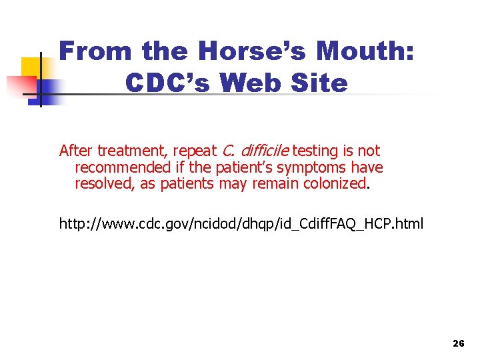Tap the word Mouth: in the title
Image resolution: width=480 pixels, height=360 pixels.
(369, 51)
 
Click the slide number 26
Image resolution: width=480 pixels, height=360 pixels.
(458, 343)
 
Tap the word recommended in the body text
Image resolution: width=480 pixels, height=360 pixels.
(123, 167)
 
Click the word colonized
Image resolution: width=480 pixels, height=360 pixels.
(333, 183)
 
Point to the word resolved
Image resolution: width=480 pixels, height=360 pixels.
(104, 183)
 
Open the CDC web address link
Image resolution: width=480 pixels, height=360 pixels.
(241, 223)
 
